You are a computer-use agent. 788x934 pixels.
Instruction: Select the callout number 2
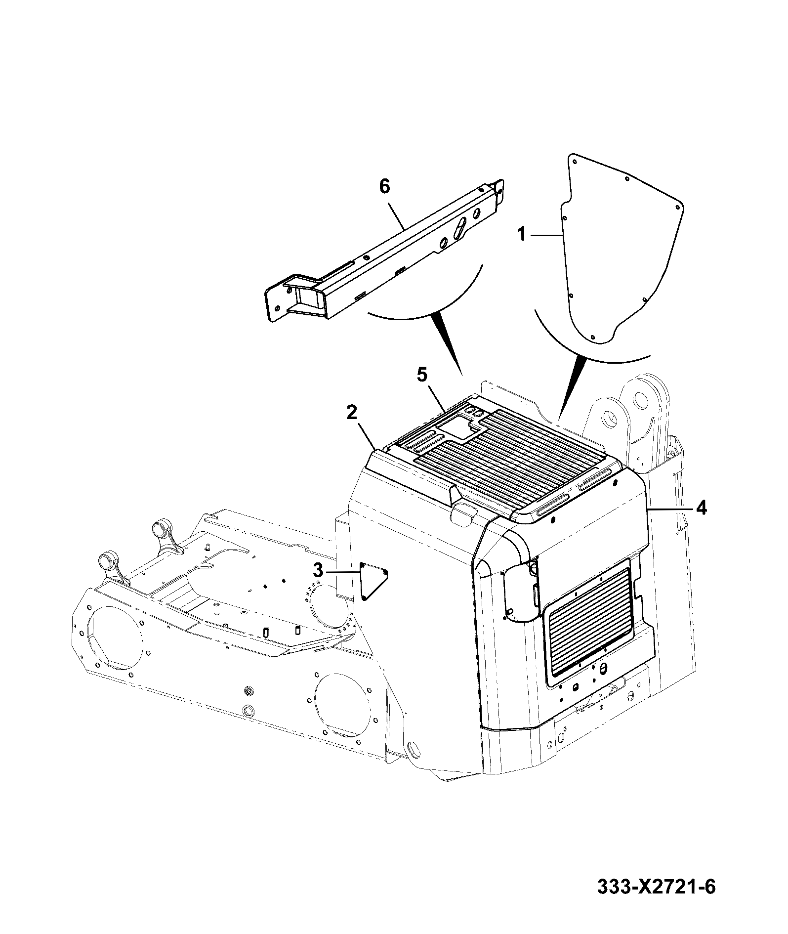pos(351,413)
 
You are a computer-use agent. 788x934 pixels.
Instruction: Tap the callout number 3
pos(318,571)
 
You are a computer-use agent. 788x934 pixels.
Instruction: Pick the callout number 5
pos(421,375)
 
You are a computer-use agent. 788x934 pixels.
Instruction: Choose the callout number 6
pos(384,186)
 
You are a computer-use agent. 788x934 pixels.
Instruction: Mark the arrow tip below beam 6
pos(461,375)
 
